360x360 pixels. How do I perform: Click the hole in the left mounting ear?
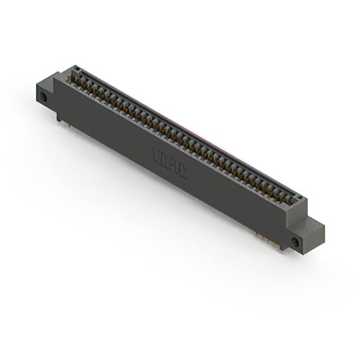pos(43,98)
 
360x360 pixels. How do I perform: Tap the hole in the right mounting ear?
pos(295,242)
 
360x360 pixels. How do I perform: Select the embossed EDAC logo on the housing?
pos(170,163)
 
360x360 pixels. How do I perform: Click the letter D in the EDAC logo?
pos(166,160)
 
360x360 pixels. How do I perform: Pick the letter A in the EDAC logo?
pos(174,166)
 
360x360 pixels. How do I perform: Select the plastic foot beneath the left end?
pos(60,116)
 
